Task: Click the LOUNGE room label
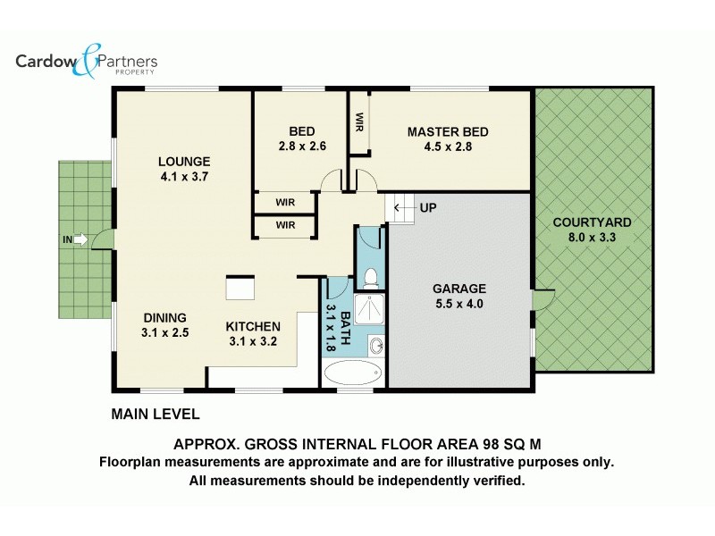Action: tap(184, 162)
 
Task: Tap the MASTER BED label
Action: tap(448, 132)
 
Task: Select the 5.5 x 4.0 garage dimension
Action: tap(459, 304)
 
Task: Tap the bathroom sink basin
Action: tap(375, 346)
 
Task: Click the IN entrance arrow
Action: tap(80, 239)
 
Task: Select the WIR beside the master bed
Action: tap(358, 121)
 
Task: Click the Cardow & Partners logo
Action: tap(86, 62)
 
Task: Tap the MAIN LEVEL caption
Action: tap(155, 415)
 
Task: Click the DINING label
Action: tap(165, 317)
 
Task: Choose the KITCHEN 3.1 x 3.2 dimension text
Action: tap(253, 341)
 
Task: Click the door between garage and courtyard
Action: tap(543, 297)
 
